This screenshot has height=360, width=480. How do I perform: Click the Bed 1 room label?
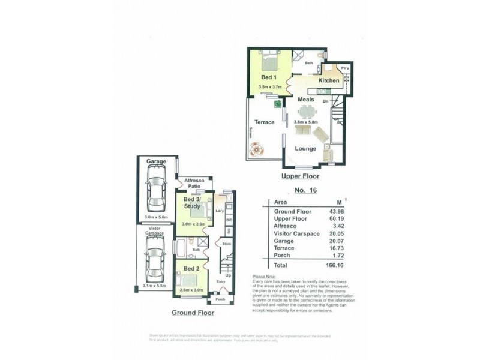(269, 77)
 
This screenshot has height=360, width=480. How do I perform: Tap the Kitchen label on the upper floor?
(329, 80)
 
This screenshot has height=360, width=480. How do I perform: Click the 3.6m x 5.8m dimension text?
(306, 122)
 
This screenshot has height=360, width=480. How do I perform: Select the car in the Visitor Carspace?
(155, 259)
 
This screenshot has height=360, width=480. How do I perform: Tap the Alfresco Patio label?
(196, 183)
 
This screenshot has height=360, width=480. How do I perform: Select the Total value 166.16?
(334, 265)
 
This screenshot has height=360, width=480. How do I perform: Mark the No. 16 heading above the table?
(306, 191)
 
